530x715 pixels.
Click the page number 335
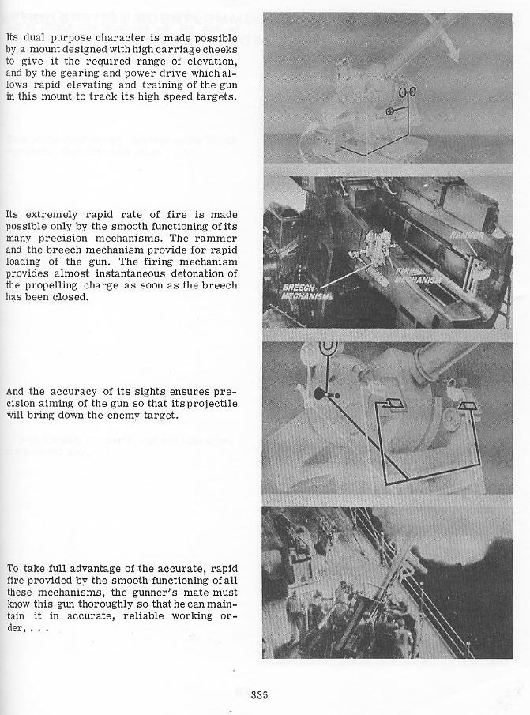pos(260,695)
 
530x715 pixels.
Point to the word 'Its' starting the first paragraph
pos(13,36)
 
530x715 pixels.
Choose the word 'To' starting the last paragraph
pos(13,568)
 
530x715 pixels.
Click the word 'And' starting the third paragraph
pos(16,392)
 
